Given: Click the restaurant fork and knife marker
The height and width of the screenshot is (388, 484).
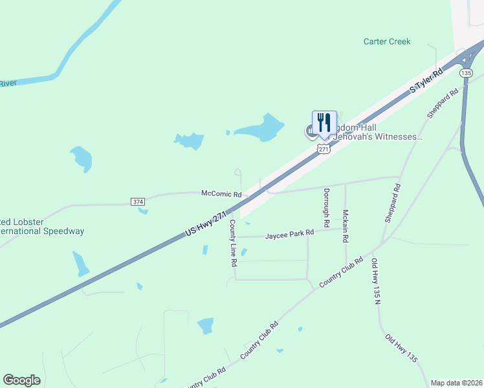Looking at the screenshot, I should [324, 123].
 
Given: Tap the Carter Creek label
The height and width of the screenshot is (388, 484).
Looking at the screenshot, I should [387, 41].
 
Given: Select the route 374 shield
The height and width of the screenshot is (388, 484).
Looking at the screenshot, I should [138, 202].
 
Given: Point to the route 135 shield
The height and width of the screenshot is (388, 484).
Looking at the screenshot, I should [467, 73].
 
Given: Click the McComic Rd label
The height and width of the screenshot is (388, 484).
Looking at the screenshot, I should [221, 193].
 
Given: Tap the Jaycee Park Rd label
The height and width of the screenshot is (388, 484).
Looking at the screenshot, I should [289, 235].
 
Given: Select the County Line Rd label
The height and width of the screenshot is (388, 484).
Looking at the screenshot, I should [233, 244].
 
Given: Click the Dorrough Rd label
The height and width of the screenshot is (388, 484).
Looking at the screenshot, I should [327, 207].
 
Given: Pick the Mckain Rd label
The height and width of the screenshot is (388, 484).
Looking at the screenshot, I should [346, 226].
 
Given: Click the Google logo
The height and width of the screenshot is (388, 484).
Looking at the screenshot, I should [21, 380].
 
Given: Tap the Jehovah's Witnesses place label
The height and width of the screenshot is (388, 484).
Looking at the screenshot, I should [375, 137].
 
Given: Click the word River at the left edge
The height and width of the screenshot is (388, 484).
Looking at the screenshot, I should [8, 83].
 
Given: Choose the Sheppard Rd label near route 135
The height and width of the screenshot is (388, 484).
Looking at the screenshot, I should [443, 102].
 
